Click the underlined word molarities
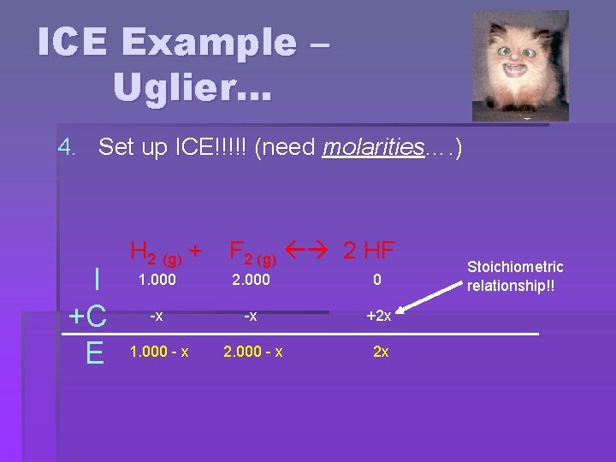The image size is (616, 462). pyautogui.click(x=373, y=148)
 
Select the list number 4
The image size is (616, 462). pyautogui.click(x=67, y=148)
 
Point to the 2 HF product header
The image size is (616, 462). pyautogui.click(x=369, y=251)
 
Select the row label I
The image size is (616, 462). pyautogui.click(x=98, y=280)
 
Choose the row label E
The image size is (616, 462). pyautogui.click(x=95, y=352)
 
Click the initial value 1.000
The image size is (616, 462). pyautogui.click(x=157, y=280)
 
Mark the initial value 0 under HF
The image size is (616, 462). pyautogui.click(x=376, y=280)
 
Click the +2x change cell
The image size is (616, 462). pyautogui.click(x=378, y=316)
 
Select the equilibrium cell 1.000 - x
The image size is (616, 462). pyautogui.click(x=159, y=352)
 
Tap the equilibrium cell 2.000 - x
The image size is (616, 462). pyautogui.click(x=253, y=352)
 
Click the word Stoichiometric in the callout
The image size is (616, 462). pyautogui.click(x=515, y=268)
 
